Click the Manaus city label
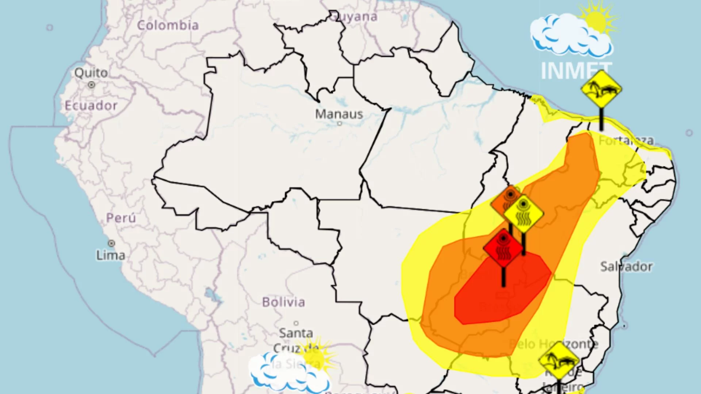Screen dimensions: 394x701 339,114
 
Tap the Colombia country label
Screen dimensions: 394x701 168,25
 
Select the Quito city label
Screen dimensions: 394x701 91,73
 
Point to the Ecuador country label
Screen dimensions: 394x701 91,106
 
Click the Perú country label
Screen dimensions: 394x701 121,218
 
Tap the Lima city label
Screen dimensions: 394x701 111,255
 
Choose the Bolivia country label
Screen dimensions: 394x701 283,302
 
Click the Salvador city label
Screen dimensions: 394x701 626,267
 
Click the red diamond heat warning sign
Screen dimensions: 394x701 503,248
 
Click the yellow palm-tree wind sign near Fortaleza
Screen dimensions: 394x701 601,89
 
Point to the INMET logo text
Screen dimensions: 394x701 576,71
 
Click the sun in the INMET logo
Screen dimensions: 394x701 597,20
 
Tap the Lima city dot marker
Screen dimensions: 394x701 111,243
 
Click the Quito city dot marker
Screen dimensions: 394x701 91,85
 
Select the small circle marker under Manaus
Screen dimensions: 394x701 339,124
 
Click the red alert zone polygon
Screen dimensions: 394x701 500,292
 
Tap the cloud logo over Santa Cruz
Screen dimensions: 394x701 288,372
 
